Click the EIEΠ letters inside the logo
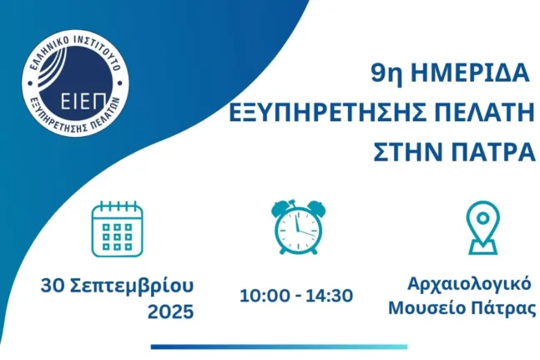pyautogui.click(x=83, y=100)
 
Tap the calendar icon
pyautogui.click(x=118, y=229)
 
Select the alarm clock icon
pyautogui.click(x=298, y=226)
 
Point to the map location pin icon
pyautogui.click(x=483, y=228)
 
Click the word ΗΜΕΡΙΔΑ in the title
pyautogui.click(x=470, y=73)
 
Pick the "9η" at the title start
pyautogui.click(x=386, y=74)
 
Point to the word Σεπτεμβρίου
pyautogui.click(x=132, y=286)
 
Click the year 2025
pyautogui.click(x=171, y=312)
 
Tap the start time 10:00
pyautogui.click(x=265, y=296)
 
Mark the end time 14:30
pyautogui.click(x=329, y=296)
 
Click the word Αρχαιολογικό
pyautogui.click(x=469, y=286)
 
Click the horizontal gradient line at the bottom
pyautogui.click(x=279, y=347)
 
